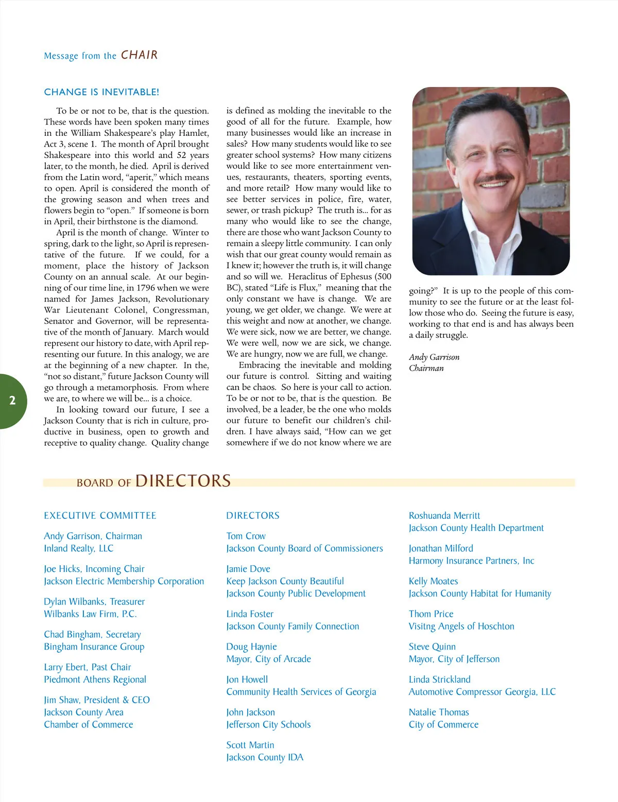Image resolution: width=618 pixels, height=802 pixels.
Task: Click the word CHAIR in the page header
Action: pyautogui.click(x=139, y=55)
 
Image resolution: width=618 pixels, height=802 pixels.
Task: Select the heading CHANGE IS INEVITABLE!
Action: pyautogui.click(x=101, y=92)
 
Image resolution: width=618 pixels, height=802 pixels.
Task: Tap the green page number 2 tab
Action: pyautogui.click(x=12, y=401)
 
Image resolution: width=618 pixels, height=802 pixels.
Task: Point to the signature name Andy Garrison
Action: pyautogui.click(x=434, y=357)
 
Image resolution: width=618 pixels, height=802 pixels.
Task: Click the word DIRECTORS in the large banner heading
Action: pyautogui.click(x=183, y=481)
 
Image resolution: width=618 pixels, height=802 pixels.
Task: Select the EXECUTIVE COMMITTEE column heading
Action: pyautogui.click(x=100, y=516)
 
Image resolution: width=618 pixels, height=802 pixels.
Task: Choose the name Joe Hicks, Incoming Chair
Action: pyautogui.click(x=94, y=569)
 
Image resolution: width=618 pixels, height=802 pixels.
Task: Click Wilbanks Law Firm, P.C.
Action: pyautogui.click(x=90, y=614)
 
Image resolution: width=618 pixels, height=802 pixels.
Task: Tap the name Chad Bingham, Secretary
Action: pyautogui.click(x=92, y=635)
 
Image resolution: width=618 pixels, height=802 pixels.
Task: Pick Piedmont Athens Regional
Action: pyautogui.click(x=95, y=679)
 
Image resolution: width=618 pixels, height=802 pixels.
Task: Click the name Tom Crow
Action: pyautogui.click(x=246, y=536)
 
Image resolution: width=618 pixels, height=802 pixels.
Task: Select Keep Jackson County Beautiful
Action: pyautogui.click(x=285, y=581)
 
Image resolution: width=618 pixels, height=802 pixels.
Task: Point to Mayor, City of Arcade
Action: pyautogui.click(x=268, y=659)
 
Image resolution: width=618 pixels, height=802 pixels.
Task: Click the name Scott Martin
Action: pyautogui.click(x=250, y=745)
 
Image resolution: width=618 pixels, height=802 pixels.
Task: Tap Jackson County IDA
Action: pyautogui.click(x=265, y=758)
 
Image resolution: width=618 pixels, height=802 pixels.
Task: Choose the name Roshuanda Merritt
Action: pyautogui.click(x=444, y=516)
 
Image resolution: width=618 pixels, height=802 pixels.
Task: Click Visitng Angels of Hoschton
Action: pyautogui.click(x=461, y=626)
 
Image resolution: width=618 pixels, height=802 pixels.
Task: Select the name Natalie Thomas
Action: pyautogui.click(x=439, y=712)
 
